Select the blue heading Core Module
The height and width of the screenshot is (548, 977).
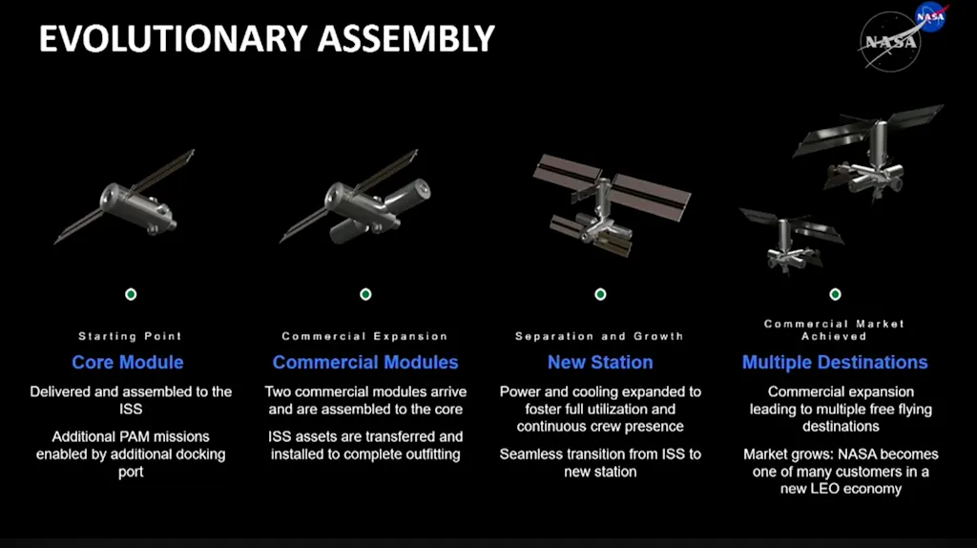128,362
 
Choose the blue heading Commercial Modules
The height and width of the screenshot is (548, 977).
365,362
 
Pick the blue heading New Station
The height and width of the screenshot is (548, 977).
600,362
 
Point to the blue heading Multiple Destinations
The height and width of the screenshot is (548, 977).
835,362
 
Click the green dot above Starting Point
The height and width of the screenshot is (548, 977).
131,294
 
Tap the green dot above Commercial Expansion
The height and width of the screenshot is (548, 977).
365,294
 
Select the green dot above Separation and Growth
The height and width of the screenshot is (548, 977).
600,294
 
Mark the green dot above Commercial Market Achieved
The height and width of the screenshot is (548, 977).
836,294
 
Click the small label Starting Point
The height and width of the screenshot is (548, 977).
130,336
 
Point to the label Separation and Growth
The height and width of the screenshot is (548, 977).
599,336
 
